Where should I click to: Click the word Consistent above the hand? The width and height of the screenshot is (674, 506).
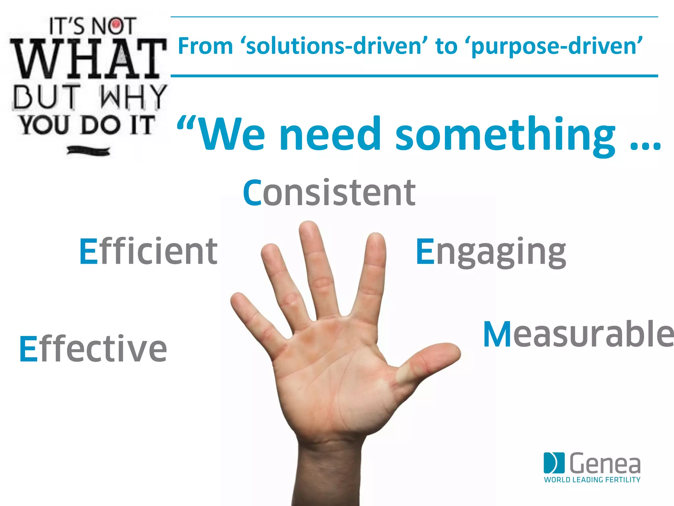(329, 193)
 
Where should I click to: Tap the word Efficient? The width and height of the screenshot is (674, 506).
(148, 252)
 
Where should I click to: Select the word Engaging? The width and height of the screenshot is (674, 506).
(490, 252)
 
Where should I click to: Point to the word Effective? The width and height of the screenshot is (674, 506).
(93, 349)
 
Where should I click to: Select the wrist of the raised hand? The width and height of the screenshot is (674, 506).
(329, 461)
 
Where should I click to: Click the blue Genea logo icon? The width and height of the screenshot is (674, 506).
(554, 463)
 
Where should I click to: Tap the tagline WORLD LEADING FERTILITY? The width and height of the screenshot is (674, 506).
(592, 480)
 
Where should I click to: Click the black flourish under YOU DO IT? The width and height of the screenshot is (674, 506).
(88, 151)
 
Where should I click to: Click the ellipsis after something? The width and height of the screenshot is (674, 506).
(645, 145)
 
